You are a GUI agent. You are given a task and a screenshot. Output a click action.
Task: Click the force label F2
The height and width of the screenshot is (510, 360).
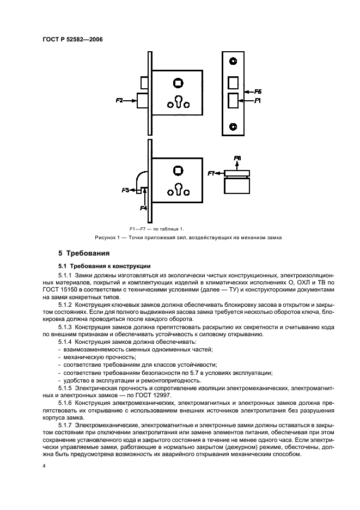point(120,100)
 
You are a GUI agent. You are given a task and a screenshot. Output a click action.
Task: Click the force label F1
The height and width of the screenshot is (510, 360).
point(258,101)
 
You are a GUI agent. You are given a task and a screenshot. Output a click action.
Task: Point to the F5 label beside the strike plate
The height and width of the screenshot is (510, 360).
point(258,92)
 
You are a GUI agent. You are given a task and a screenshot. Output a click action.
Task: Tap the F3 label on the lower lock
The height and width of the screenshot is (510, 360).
point(125,190)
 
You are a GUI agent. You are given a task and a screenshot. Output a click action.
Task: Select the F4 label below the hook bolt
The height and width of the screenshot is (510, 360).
point(144,208)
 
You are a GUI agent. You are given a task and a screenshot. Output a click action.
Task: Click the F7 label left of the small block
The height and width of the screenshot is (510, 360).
point(212,173)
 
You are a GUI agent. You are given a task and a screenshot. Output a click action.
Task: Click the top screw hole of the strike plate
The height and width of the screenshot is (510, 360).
point(233,60)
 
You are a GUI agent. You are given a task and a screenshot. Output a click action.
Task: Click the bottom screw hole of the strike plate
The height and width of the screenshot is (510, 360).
point(233,127)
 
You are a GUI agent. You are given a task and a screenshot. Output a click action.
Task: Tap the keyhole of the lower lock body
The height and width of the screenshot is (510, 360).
point(178,190)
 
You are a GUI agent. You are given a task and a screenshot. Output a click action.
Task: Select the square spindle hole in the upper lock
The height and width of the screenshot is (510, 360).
point(178,83)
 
